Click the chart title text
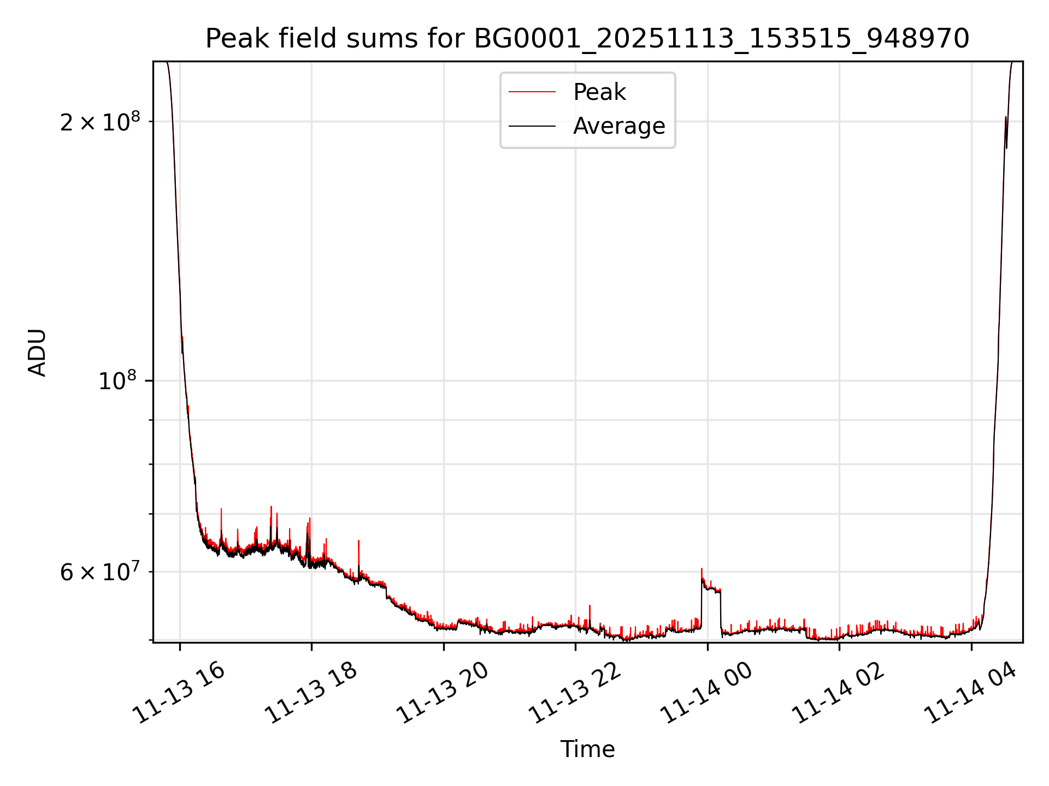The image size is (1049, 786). pyautogui.click(x=587, y=39)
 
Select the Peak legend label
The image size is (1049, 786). pyautogui.click(x=599, y=92)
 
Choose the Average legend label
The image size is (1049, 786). pyautogui.click(x=619, y=126)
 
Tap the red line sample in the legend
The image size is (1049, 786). pyautogui.click(x=532, y=92)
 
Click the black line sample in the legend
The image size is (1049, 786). pyautogui.click(x=532, y=126)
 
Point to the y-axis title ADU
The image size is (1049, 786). pyautogui.click(x=37, y=352)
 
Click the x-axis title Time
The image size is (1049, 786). pyautogui.click(x=587, y=749)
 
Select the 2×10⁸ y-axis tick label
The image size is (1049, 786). pyautogui.click(x=99, y=122)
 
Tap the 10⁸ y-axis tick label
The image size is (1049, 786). pyautogui.click(x=117, y=381)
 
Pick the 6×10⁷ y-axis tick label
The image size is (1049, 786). pyautogui.click(x=99, y=573)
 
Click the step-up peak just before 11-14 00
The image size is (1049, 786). pyautogui.click(x=702, y=570)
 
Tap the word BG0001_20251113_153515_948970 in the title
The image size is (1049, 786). pyautogui.click(x=721, y=39)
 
